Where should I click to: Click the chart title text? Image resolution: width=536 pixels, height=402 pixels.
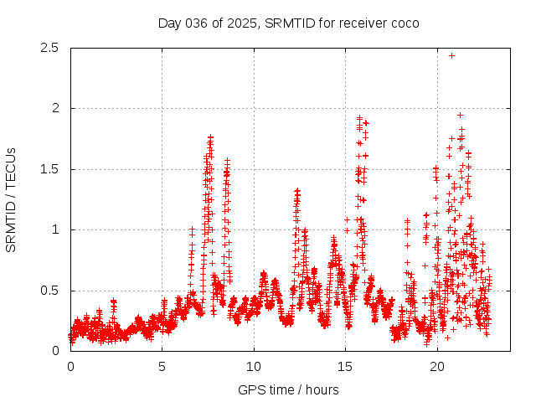pos(288,23)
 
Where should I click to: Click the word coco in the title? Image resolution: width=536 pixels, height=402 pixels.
pos(404,23)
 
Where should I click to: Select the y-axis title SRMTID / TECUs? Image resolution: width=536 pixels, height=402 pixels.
pos(12,199)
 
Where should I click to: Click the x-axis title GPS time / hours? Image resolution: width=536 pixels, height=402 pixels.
pos(288,389)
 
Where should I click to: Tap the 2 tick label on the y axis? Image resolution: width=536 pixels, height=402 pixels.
pos(55,108)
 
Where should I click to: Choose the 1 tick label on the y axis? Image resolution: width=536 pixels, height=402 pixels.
pos(55,229)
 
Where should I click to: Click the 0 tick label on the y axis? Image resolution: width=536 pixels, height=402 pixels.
pos(55,351)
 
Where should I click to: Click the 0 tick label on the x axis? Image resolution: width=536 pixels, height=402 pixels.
pos(70,367)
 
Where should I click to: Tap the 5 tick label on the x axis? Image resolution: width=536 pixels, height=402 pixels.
pos(162,367)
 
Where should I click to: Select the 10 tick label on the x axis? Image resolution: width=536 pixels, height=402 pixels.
pos(253,367)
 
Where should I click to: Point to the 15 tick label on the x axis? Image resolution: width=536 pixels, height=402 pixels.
pos(345,367)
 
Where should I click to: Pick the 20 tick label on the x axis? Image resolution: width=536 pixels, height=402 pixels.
pos(436,367)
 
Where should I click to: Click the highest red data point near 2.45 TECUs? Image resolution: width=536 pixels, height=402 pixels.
pos(451,55)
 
